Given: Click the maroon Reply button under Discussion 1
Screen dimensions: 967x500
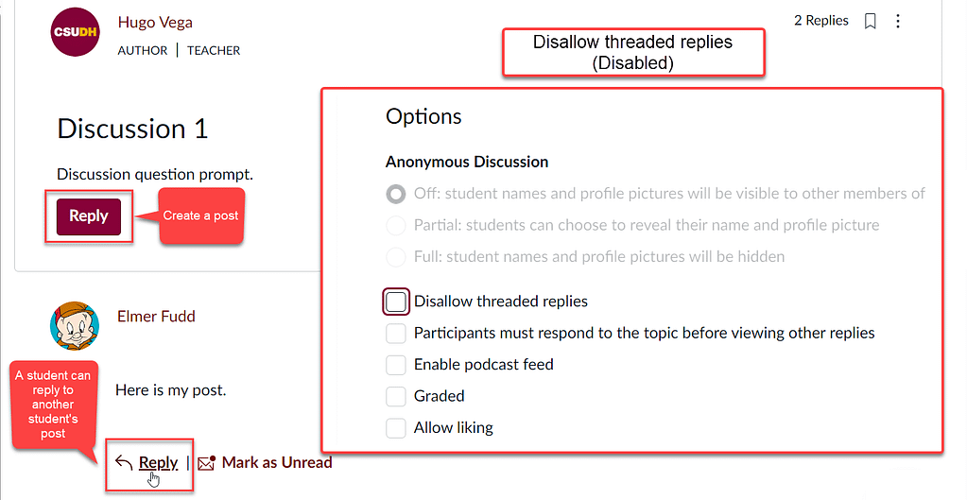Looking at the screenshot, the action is coord(89,216).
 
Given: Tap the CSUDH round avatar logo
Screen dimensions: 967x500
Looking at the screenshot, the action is coord(76,32).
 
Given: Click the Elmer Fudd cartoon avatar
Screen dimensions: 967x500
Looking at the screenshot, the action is coord(75,325).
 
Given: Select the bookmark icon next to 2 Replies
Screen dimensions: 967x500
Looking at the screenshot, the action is coord(871,22).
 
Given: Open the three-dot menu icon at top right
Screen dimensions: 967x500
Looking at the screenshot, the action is coord(898,22).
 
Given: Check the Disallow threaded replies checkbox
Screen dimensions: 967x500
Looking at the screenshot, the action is coord(396,302).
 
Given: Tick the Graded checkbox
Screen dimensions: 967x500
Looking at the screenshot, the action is coord(396,396).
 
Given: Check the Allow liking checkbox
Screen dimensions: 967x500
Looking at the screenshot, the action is coord(396,428).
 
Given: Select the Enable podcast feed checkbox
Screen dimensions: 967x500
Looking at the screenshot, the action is coord(396,365).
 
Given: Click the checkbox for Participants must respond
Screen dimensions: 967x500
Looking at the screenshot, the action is coord(396,334).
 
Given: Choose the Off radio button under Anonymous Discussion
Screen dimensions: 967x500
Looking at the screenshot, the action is coord(396,194).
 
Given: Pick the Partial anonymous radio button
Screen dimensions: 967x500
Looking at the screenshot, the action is coord(396,226).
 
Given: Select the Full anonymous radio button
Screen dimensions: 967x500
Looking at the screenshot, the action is coord(396,257).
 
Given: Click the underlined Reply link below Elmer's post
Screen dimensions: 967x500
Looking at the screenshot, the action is coord(158,463).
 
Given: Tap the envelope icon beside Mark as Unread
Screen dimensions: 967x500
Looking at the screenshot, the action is coord(207,463).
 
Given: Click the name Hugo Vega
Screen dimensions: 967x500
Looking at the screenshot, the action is coord(155,23).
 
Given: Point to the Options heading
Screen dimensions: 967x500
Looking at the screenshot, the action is coord(423,117).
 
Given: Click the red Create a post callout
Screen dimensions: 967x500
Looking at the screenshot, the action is coord(201,216).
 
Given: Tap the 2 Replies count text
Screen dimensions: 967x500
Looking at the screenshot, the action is coord(821,21).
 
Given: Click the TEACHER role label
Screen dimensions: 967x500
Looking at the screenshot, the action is coord(214,50).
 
